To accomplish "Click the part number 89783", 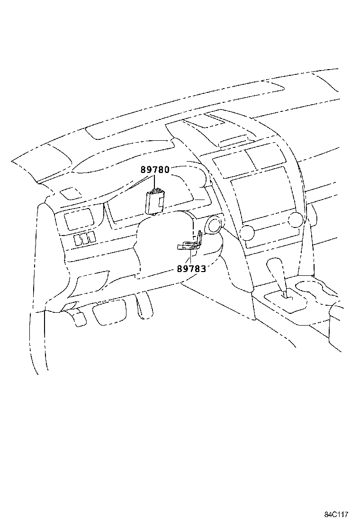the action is (x=191, y=269).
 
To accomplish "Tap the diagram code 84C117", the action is (x=336, y=515).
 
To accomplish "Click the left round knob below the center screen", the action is (x=247, y=232).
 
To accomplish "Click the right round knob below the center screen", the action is (x=295, y=219).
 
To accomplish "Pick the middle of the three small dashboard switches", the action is (x=84, y=238).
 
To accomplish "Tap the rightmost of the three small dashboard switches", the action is (x=91, y=236).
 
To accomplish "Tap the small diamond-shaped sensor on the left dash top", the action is (x=71, y=193).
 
